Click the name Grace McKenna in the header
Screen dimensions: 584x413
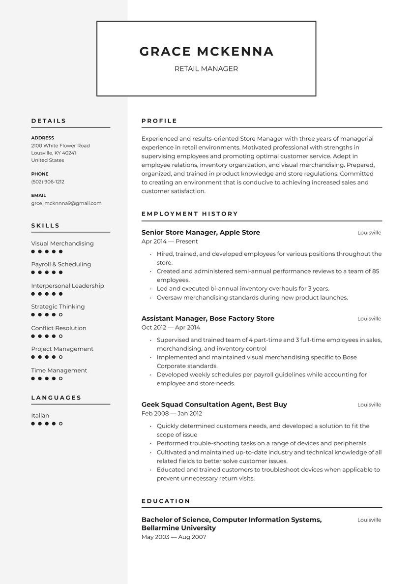pyautogui.click(x=206, y=52)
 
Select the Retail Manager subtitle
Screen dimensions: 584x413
pyautogui.click(x=206, y=69)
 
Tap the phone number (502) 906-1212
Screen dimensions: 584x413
pyautogui.click(x=48, y=182)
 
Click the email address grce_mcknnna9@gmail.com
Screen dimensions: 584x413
pyautogui.click(x=66, y=203)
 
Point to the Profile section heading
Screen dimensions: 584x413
pyautogui.click(x=159, y=121)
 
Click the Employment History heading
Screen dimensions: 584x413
pyautogui.click(x=190, y=214)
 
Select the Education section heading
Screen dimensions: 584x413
pyautogui.click(x=166, y=501)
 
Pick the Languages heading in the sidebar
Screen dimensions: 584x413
pyautogui.click(x=56, y=398)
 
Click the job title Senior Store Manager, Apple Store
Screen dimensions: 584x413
pyautogui.click(x=201, y=232)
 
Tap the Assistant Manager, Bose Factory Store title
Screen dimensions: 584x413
pyautogui.click(x=207, y=318)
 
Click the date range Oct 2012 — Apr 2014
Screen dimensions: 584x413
pyautogui.click(x=171, y=327)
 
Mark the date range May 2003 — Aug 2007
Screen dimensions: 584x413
pyautogui.click(x=174, y=537)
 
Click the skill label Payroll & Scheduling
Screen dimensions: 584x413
pyautogui.click(x=61, y=264)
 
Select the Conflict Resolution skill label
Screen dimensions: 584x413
pyautogui.click(x=59, y=328)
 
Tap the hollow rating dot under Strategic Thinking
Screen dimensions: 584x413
pyautogui.click(x=60, y=314)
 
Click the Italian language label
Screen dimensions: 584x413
pyautogui.click(x=40, y=415)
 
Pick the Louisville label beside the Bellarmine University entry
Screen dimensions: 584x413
pyautogui.click(x=369, y=520)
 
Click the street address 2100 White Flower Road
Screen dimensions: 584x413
pyautogui.click(x=60, y=146)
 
